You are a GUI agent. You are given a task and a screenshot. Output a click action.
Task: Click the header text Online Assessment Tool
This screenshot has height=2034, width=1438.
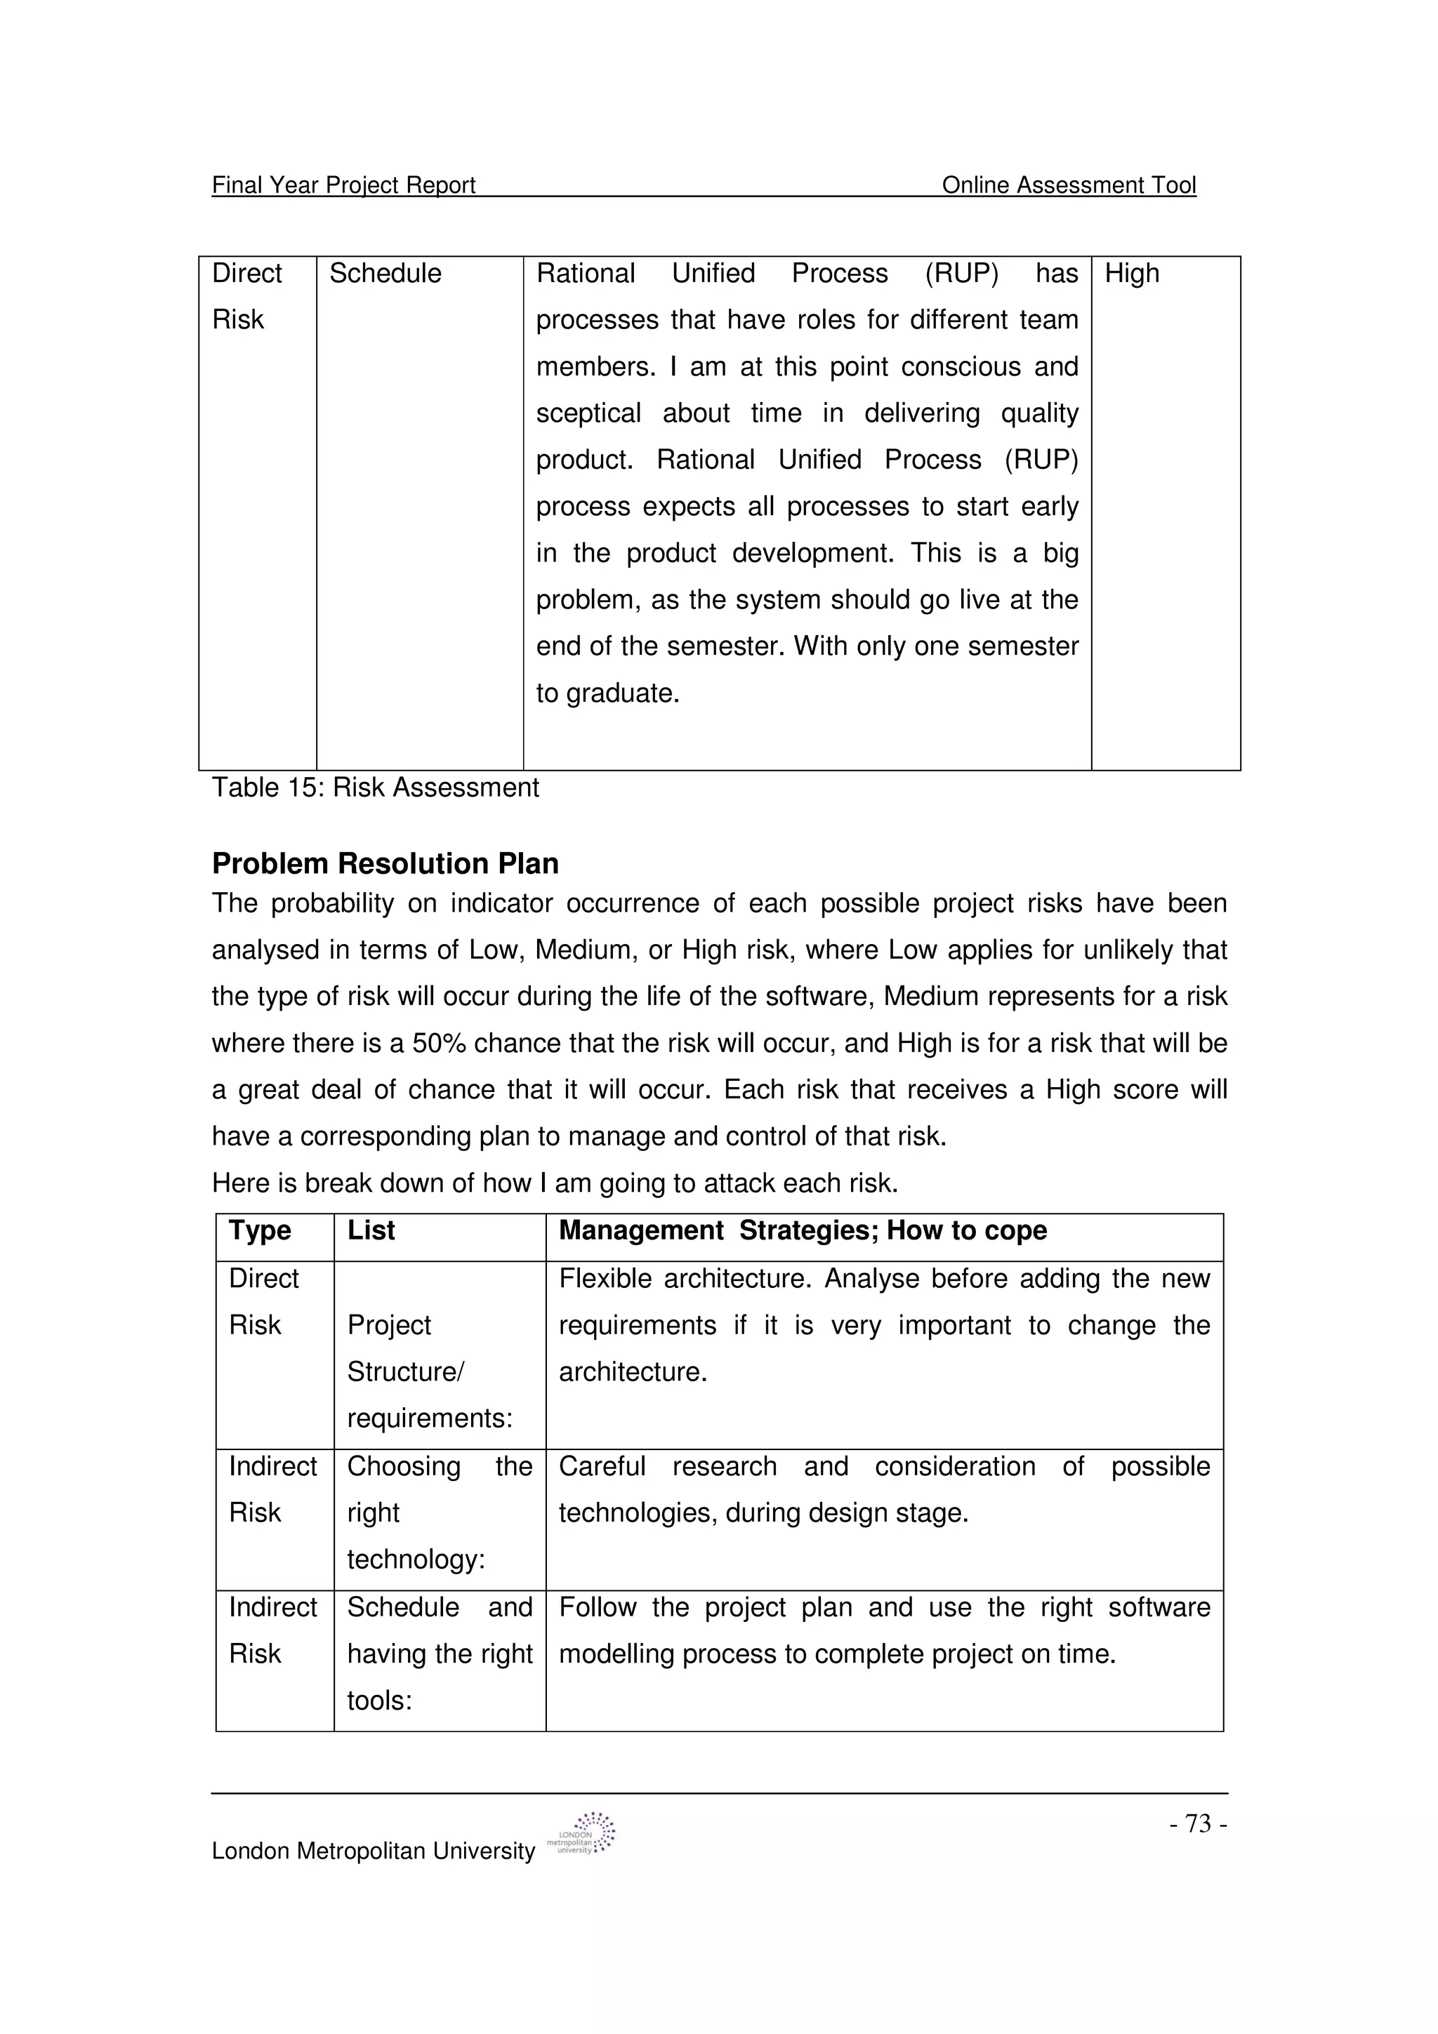tap(1068, 185)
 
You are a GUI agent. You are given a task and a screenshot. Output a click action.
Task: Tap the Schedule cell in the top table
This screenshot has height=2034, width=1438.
tap(385, 274)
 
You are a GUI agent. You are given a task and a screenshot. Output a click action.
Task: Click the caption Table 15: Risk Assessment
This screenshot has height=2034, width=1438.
tap(375, 787)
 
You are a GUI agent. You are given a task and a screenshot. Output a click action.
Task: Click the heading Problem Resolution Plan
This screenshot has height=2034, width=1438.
tap(385, 864)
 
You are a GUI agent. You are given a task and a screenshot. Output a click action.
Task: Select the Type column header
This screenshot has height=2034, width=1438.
tap(260, 1230)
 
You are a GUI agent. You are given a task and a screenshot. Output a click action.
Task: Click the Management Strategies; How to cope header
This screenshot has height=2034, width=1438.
tap(802, 1230)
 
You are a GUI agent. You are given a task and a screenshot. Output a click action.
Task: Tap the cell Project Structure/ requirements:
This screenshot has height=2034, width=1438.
tap(429, 1371)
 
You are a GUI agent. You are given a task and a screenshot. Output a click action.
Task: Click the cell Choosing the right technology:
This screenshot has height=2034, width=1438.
tap(439, 1513)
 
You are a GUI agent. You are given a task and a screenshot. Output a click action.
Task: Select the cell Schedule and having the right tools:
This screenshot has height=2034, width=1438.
tap(439, 1654)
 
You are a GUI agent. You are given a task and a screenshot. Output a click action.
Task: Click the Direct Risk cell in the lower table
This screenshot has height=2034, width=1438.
tap(263, 1302)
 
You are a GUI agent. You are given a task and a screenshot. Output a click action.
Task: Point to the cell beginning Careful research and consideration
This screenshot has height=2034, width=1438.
tap(883, 1490)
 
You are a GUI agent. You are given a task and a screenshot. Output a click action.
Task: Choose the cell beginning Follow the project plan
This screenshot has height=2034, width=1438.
tap(883, 1631)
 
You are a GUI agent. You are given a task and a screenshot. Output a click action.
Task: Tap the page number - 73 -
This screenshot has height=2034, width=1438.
tap(1198, 1824)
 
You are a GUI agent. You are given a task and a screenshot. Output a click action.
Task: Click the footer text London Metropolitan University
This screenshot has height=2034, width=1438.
tap(373, 1852)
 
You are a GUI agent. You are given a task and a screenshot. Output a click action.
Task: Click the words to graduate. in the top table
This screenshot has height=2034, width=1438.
tap(607, 693)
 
